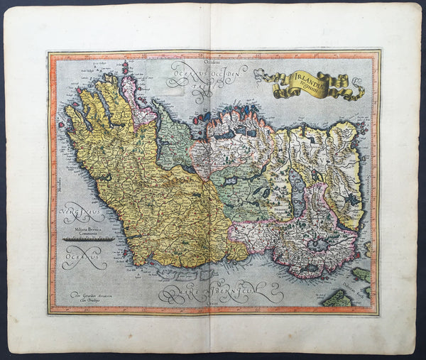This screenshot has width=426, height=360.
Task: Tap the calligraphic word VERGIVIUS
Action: point(80,212)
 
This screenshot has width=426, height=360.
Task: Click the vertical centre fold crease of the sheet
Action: point(213,178)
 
